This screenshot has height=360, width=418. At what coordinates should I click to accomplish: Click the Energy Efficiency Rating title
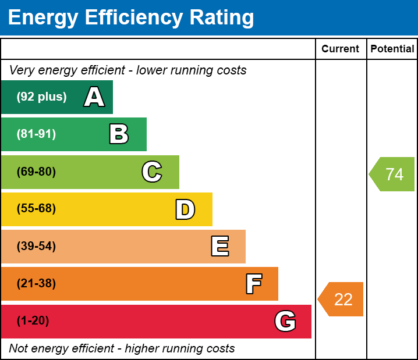pyautogui.click(x=131, y=18)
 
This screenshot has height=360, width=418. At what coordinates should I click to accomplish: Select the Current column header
pyautogui.click(x=341, y=49)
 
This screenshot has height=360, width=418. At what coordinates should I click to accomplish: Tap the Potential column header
pyautogui.click(x=392, y=49)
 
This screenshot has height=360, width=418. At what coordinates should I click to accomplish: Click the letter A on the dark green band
pyautogui.click(x=94, y=97)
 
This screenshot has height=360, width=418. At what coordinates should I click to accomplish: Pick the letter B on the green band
pyautogui.click(x=119, y=134)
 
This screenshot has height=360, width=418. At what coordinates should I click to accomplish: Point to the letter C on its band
pyautogui.click(x=152, y=172)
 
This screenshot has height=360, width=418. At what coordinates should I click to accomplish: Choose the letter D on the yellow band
pyautogui.click(x=185, y=209)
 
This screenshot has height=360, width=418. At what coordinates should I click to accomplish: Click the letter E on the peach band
pyautogui.click(x=219, y=247)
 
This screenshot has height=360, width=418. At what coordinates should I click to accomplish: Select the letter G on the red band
pyautogui.click(x=285, y=321)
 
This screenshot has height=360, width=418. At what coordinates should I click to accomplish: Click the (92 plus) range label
pyautogui.click(x=41, y=97)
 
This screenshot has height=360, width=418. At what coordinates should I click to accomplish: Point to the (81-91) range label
pyautogui.click(x=36, y=134)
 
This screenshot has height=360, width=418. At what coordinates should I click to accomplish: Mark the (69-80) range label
pyautogui.click(x=36, y=172)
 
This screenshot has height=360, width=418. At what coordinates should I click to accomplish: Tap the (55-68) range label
pyautogui.click(x=36, y=209)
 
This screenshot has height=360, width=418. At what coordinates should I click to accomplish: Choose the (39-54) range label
pyautogui.click(x=36, y=247)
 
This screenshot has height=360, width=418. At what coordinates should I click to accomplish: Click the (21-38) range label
pyautogui.click(x=36, y=284)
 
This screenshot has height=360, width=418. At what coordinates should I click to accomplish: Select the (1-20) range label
pyautogui.click(x=33, y=321)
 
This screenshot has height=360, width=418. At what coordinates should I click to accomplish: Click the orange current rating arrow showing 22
pyautogui.click(x=342, y=300)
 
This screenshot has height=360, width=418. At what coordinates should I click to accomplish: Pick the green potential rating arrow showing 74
pyautogui.click(x=393, y=174)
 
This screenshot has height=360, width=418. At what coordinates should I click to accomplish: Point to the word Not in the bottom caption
pyautogui.click(x=19, y=349)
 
